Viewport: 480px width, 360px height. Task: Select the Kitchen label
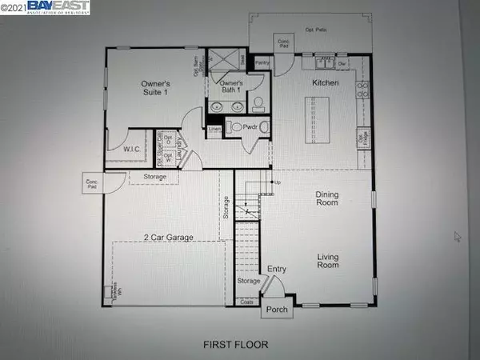(x=326, y=83)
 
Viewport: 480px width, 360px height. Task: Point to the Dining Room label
(x=328, y=198)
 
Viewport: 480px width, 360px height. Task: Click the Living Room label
(x=329, y=262)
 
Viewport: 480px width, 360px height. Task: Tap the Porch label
(x=277, y=308)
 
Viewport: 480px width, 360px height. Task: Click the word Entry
(x=276, y=270)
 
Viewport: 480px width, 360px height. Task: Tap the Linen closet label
(x=214, y=129)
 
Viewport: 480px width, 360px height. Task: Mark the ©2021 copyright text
(x=14, y=6)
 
